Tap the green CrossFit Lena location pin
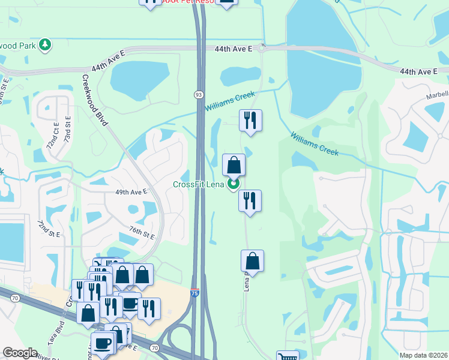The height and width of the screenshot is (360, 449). click(234, 184)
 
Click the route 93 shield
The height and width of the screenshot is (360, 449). click(198, 95)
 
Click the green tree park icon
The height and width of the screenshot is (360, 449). click(44, 45)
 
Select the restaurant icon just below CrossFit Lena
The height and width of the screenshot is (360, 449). click(250, 200)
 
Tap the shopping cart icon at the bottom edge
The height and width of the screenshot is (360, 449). click(288, 356)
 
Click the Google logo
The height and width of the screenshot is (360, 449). click(20, 353)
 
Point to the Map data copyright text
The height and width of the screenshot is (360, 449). click(423, 355)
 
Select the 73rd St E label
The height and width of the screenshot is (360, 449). click(67, 129)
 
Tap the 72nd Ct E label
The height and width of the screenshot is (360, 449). click(54, 138)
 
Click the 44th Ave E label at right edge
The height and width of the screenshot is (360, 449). click(418, 71)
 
